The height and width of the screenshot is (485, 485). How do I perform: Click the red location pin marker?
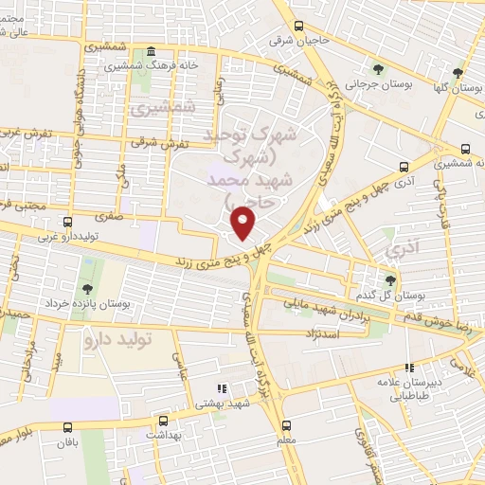click(244, 222)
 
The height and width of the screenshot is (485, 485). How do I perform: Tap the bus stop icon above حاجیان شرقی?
click(299, 27)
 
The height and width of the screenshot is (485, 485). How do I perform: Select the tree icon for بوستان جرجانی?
click(378, 68)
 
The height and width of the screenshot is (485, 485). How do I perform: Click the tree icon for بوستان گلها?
click(458, 72)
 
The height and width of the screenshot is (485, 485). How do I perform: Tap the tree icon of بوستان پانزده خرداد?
click(87, 288)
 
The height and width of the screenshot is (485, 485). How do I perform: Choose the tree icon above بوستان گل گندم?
click(389, 279)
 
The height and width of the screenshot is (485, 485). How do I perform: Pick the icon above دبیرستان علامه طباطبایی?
click(409, 368)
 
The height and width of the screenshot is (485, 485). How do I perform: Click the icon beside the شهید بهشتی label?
click(220, 388)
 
